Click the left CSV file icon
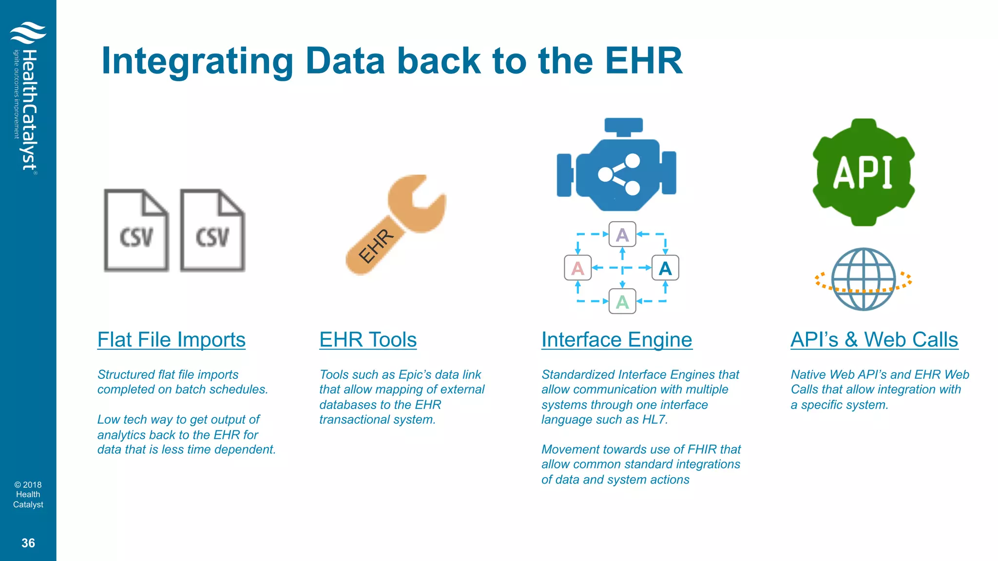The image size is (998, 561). coord(136,230)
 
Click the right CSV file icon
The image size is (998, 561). coord(212,230)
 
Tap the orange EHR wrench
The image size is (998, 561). coord(396,225)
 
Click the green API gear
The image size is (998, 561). coord(863,172)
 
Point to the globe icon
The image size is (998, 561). coord(863,279)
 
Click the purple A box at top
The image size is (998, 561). coord(622,235)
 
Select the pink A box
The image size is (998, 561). coord(577,268)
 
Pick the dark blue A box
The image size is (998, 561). coord(665,268)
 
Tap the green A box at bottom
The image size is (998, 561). coord(622,301)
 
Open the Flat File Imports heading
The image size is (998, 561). coord(171,340)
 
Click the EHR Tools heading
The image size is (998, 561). coord(368,340)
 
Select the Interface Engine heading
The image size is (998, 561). coord(616,340)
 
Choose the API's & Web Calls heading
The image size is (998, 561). coord(874,340)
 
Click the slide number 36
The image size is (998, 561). coord(28,543)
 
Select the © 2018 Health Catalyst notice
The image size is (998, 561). coord(28,494)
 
